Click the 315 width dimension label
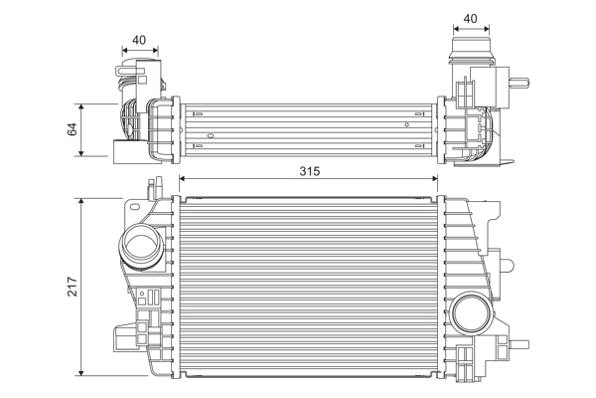[x=309, y=171]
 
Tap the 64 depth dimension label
[x=71, y=129]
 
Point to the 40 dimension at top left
[x=139, y=41]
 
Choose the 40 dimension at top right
[x=470, y=17]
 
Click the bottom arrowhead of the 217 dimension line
[x=83, y=373]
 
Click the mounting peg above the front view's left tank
[x=152, y=186]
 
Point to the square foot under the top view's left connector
[x=122, y=151]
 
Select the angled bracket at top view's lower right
[x=505, y=159]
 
